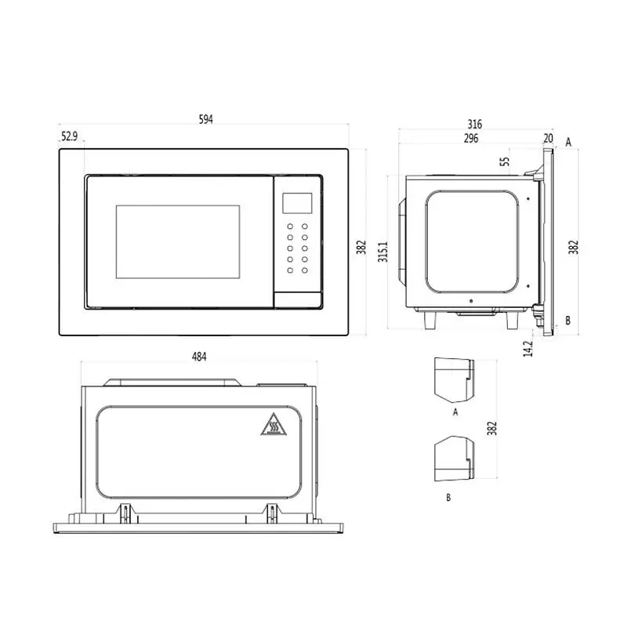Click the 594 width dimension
point(206,119)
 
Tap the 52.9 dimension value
point(69,136)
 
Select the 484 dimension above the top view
point(199,357)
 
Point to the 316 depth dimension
point(475,124)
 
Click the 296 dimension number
point(471,139)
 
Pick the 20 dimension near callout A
point(548,139)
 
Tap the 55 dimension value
point(506,161)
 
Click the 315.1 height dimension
point(383,252)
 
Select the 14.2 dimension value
point(528,348)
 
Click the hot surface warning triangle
point(274,425)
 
